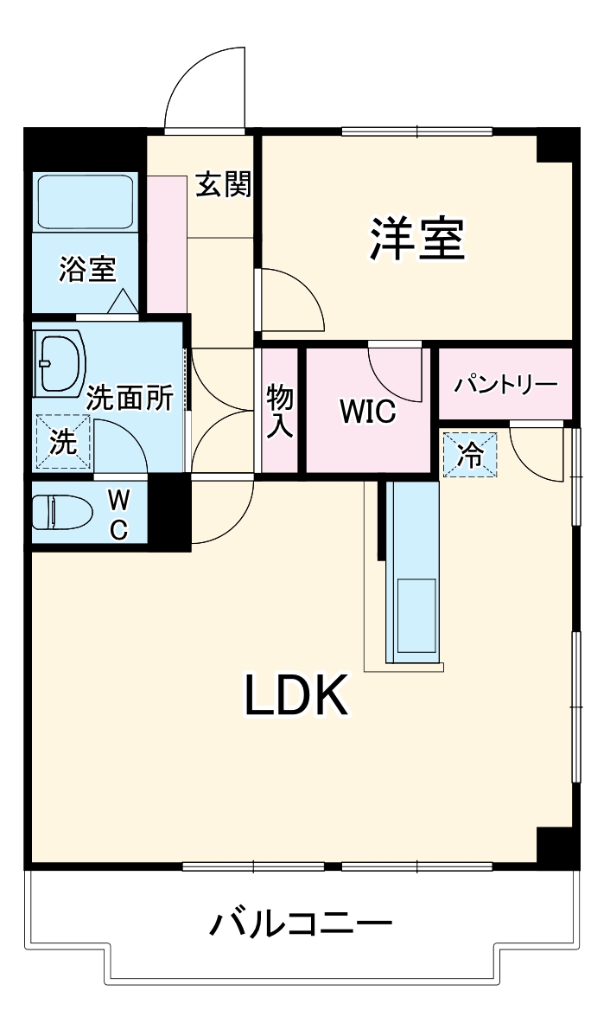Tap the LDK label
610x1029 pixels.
(x=296, y=695)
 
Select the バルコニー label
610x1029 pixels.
(x=301, y=924)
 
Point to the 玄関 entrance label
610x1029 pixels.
(x=222, y=184)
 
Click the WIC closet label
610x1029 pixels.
(x=367, y=412)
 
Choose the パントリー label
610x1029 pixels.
(x=505, y=383)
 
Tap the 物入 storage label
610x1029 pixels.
(x=279, y=412)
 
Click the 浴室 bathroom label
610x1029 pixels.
(x=86, y=270)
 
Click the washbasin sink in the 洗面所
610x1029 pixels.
(x=59, y=361)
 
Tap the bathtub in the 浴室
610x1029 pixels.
(x=85, y=201)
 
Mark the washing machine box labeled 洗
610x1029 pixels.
(x=62, y=442)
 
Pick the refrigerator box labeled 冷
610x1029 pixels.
(x=471, y=455)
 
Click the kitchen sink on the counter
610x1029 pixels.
(x=416, y=616)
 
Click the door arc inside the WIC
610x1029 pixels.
(x=393, y=369)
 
